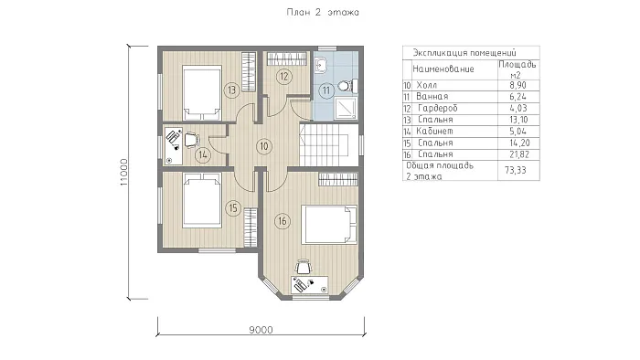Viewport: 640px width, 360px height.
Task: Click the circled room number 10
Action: [264, 146]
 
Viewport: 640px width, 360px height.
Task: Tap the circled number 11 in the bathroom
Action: [326, 90]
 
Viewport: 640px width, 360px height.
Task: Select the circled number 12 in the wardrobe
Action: [284, 76]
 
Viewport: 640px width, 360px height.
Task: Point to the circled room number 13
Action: [232, 90]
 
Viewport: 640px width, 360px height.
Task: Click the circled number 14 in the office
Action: [203, 155]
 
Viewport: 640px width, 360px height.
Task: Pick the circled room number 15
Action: [233, 208]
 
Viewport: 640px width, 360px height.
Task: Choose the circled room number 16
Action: [282, 221]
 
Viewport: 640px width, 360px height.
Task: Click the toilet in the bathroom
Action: [347, 86]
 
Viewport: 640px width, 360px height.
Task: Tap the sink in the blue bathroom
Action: [322, 65]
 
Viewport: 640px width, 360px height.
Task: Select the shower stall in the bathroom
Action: [346, 108]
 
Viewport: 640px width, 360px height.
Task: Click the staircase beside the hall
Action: [324, 145]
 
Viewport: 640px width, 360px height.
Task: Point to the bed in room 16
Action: [329, 225]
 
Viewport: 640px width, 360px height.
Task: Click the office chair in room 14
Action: [191, 140]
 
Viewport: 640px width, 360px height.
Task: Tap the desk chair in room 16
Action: [303, 267]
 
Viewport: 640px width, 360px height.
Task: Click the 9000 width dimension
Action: [261, 330]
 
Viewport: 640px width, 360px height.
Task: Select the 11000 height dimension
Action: [124, 173]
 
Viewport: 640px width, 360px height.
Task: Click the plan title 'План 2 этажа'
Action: [323, 12]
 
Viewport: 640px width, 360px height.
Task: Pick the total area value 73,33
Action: [516, 170]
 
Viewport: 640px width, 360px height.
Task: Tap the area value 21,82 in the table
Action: [518, 154]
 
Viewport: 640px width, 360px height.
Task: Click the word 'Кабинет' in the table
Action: [434, 132]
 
